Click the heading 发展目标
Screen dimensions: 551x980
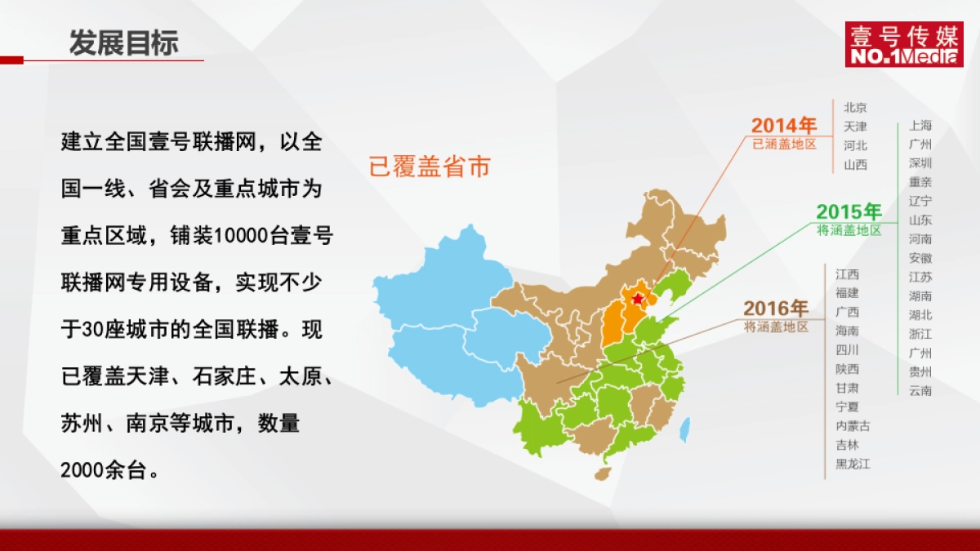pos(123,43)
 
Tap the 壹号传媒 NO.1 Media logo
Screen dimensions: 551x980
pos(903,45)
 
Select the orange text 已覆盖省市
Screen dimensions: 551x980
pos(430,167)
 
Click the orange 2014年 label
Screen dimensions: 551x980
pos(784,126)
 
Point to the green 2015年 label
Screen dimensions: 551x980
pos(849,212)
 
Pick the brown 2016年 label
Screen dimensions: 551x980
pos(776,309)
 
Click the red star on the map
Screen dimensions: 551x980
pos(638,300)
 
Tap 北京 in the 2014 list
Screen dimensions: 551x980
pos(856,107)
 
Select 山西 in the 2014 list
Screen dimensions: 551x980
pos(856,165)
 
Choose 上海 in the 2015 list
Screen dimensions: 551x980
pos(920,126)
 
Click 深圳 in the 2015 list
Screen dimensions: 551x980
pos(920,163)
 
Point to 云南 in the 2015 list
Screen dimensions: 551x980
pos(920,391)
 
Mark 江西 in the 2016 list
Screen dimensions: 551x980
pos(847,274)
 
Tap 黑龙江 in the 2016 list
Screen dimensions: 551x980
pos(853,464)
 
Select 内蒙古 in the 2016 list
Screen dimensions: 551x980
pos(853,426)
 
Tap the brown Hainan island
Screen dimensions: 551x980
pos(603,473)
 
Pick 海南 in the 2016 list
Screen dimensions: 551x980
pos(847,331)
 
